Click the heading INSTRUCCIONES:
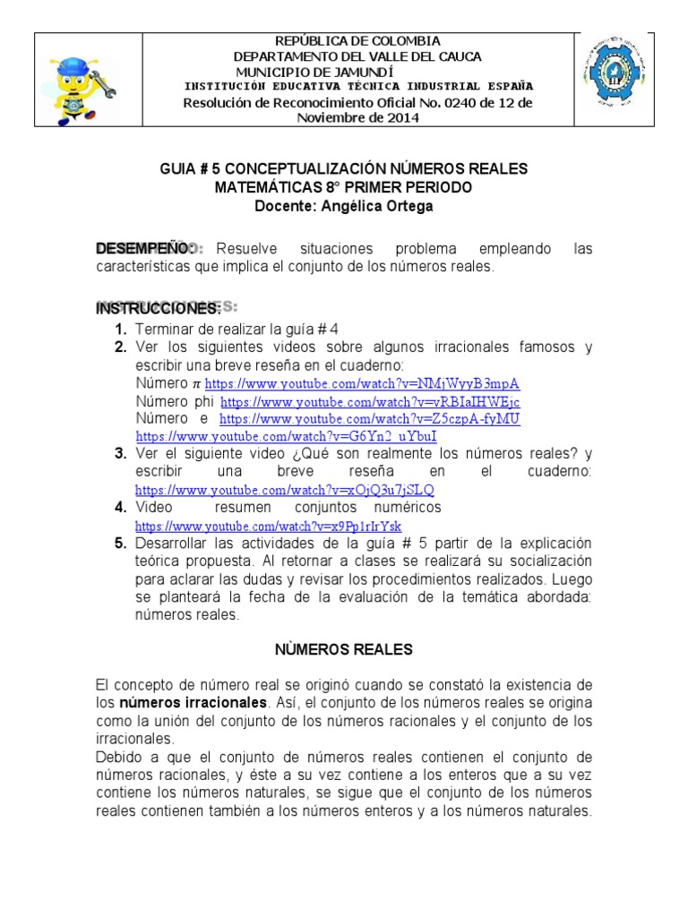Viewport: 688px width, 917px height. pyautogui.click(x=158, y=308)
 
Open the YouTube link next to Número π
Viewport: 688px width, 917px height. pyautogui.click(x=362, y=383)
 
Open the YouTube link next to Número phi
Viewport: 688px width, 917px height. pyautogui.click(x=370, y=402)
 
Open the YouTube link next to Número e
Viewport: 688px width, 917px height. pyautogui.click(x=369, y=419)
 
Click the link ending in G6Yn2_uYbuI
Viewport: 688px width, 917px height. pyautogui.click(x=286, y=436)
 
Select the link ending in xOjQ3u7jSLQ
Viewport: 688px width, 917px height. pyautogui.click(x=284, y=490)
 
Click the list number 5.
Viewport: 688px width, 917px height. pyautogui.click(x=120, y=543)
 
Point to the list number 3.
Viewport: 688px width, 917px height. pyautogui.click(x=120, y=453)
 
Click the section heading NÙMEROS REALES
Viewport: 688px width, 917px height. pyautogui.click(x=344, y=647)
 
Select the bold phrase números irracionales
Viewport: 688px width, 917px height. pyautogui.click(x=193, y=703)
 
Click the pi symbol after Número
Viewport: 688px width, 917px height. pyautogui.click(x=197, y=383)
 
